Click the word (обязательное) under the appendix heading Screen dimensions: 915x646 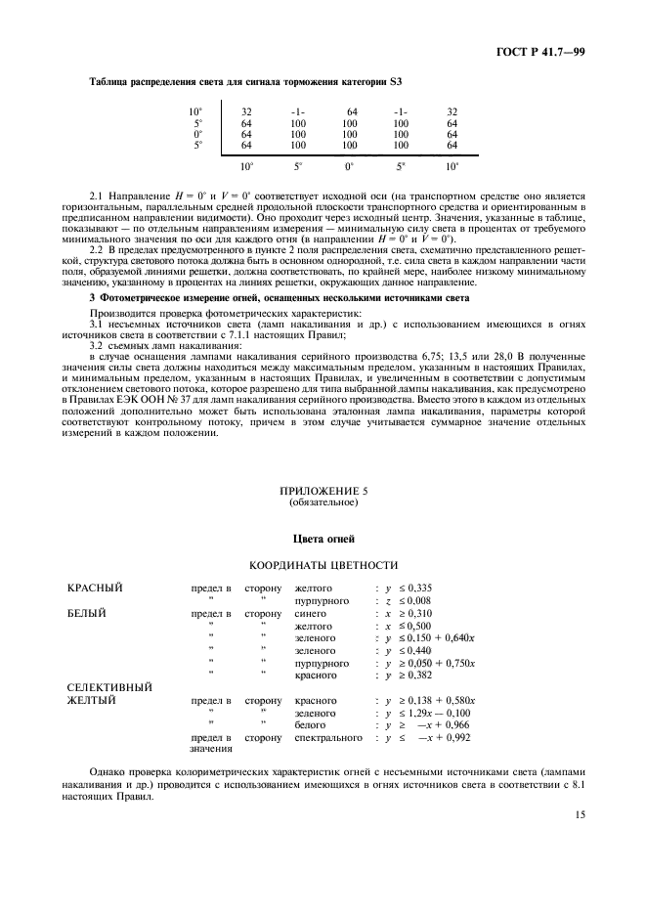point(323,502)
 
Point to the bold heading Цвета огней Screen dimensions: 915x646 point(323,539)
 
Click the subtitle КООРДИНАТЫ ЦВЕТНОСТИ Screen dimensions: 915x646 point(323,565)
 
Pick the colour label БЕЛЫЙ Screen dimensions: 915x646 point(87,614)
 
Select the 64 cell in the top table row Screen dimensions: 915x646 point(351,111)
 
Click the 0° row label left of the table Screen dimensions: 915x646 point(197,134)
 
